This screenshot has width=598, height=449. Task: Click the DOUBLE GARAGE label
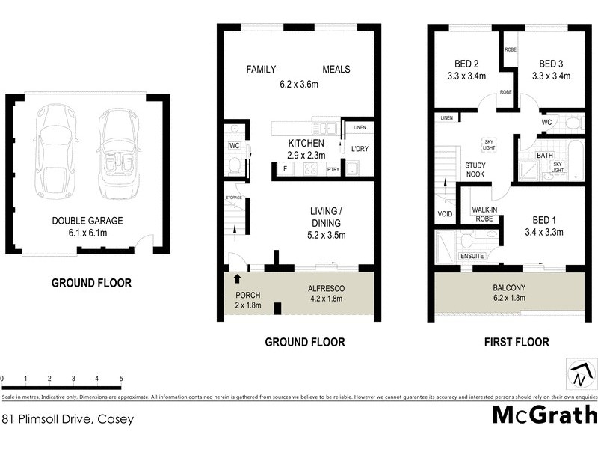87,221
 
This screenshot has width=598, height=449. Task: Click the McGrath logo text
545,414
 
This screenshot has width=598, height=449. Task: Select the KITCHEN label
306,143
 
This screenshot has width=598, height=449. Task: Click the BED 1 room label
543,220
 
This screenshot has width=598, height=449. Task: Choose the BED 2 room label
466,63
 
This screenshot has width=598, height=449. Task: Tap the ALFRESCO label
326,287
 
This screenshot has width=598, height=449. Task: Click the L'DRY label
360,149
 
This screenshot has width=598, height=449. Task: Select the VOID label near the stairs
445,214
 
